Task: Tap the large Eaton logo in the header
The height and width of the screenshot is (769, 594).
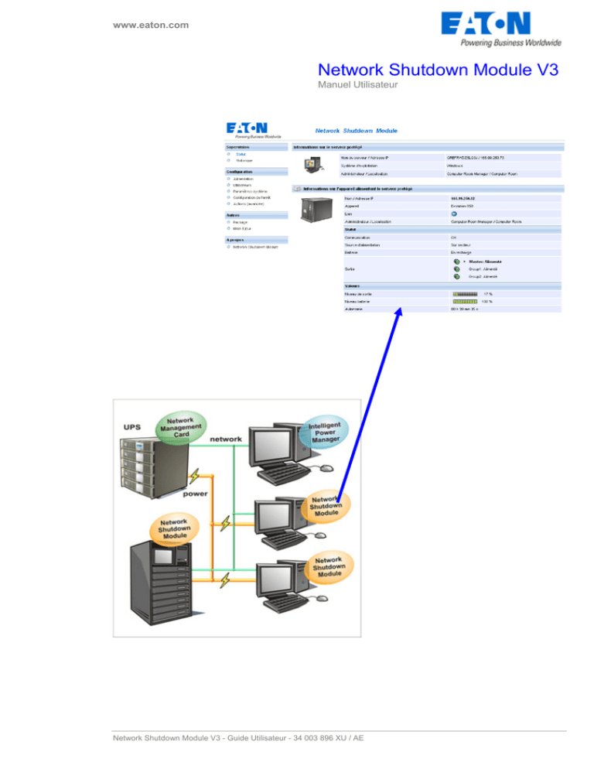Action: (500, 24)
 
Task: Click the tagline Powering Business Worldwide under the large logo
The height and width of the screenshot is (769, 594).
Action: (510, 43)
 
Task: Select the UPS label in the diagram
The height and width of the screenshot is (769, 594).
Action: (131, 426)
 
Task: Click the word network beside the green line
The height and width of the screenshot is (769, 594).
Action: (224, 439)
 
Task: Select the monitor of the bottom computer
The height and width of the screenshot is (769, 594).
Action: (275, 584)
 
